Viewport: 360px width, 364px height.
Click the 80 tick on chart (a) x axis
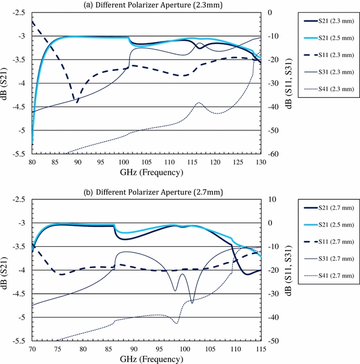(x=32, y=162)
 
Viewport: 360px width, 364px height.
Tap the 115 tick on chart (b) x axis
(x=260, y=349)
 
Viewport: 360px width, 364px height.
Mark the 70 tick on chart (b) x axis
(x=32, y=349)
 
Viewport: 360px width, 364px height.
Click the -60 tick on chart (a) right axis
(x=272, y=154)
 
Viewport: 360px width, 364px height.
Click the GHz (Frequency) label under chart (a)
(x=146, y=172)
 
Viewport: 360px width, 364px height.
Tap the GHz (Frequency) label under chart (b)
(x=146, y=359)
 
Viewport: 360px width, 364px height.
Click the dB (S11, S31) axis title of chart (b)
(x=290, y=270)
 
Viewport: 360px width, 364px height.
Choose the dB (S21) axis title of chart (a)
(x=7, y=83)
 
